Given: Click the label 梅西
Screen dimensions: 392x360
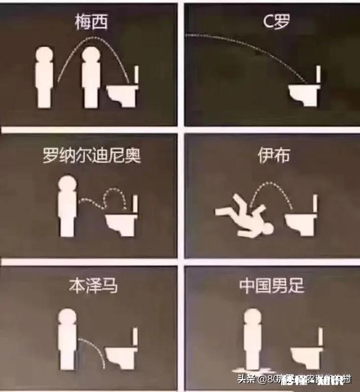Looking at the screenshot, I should (91, 23).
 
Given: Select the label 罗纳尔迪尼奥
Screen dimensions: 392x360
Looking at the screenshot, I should (91, 155).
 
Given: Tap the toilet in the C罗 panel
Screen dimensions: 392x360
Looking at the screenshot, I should (304, 93).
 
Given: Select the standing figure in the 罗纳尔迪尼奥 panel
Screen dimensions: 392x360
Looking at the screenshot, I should (68, 206).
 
